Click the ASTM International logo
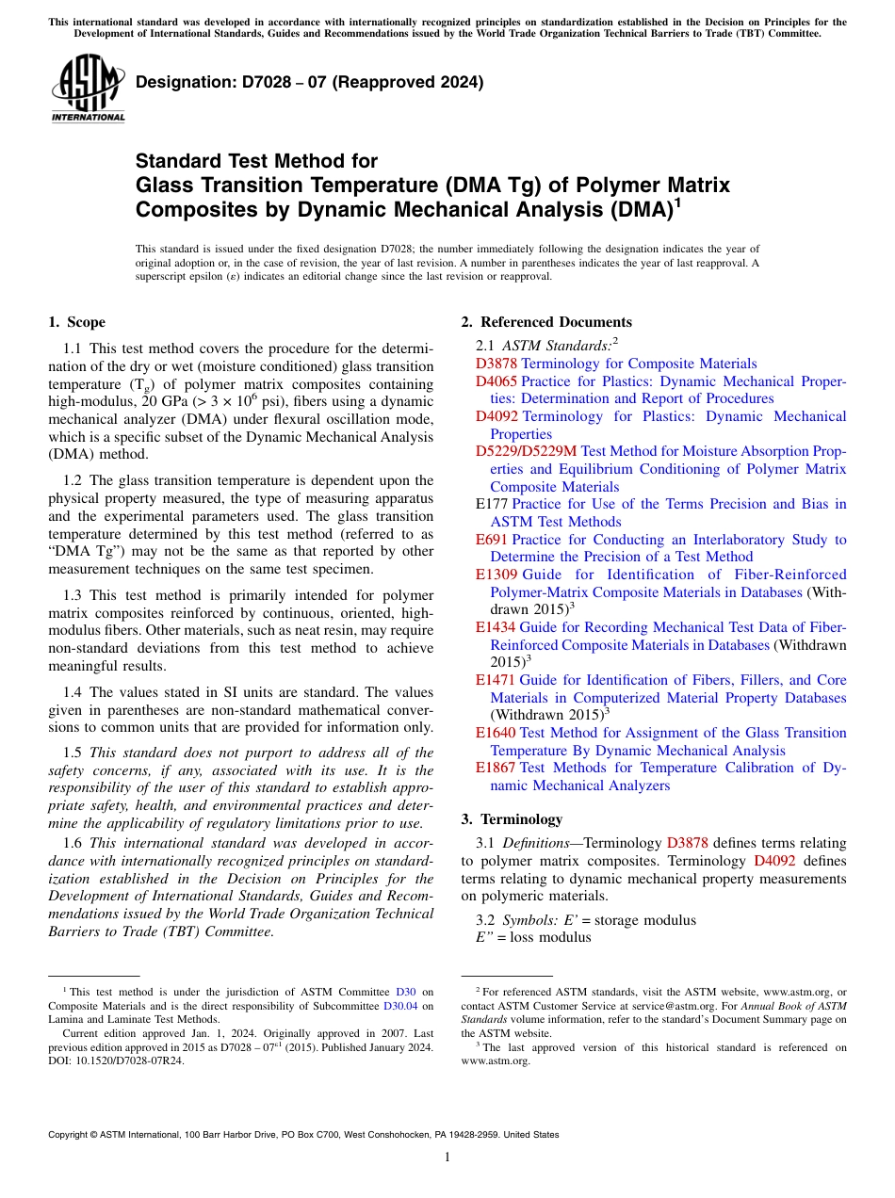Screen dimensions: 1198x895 click(x=88, y=89)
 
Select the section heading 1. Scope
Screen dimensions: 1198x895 click(x=77, y=322)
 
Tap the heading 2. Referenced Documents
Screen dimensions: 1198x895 click(x=546, y=322)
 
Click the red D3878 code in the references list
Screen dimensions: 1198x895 click(x=496, y=364)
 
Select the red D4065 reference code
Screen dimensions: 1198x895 click(x=496, y=381)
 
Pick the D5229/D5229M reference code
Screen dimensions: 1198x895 click(x=526, y=451)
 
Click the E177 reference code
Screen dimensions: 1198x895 click(x=492, y=504)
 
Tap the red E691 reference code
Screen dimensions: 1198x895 click(x=492, y=540)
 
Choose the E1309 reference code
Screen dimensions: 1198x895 click(x=496, y=575)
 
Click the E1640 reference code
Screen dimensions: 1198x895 click(x=496, y=733)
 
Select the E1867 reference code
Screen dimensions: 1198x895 click(x=496, y=768)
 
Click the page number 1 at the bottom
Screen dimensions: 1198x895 click(x=447, y=1157)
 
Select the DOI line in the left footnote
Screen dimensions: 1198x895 click(x=116, y=1060)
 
